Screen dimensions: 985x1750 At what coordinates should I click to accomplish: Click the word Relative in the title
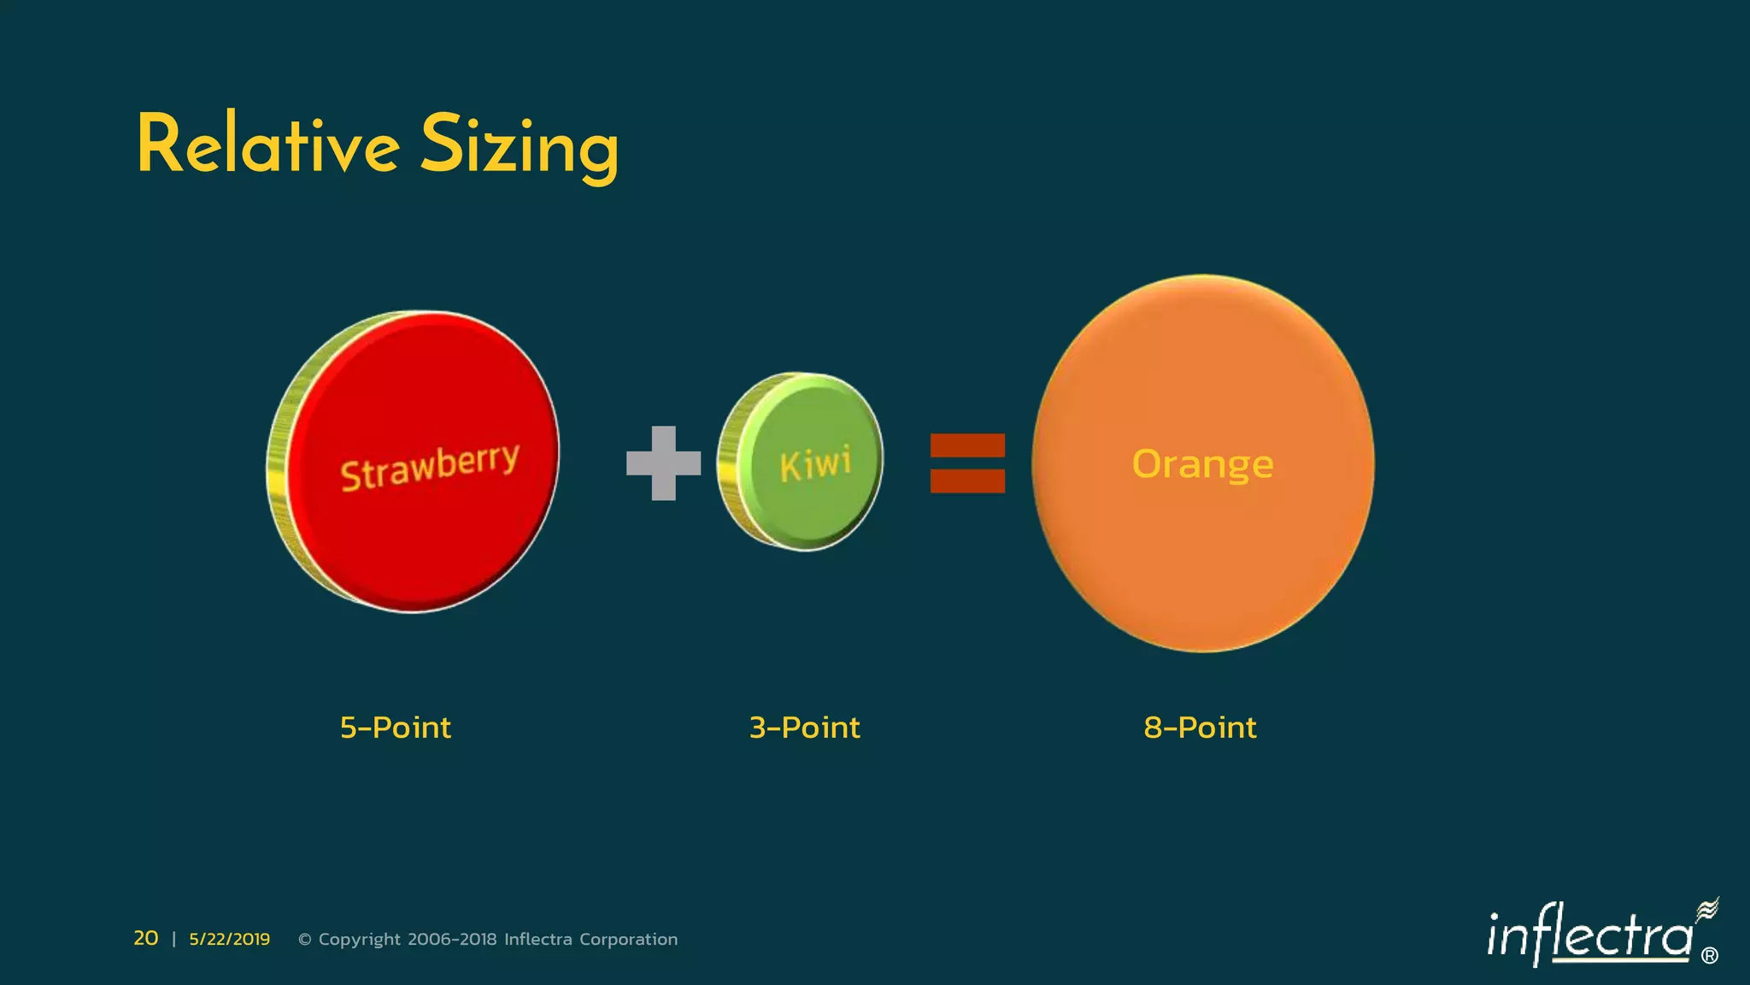267,145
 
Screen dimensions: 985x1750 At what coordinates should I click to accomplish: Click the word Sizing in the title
519,147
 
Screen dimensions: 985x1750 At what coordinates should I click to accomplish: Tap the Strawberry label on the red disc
429,467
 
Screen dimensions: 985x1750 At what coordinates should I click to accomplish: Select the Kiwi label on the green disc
815,464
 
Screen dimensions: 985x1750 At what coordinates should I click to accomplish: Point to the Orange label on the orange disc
1202,464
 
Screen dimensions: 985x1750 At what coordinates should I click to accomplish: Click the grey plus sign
663,463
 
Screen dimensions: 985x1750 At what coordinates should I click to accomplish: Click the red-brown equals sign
967,463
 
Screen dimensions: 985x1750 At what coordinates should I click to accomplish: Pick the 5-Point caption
395,728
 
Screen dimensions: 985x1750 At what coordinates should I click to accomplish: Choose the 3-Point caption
804,728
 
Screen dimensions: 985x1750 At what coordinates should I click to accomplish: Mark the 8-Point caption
1200,728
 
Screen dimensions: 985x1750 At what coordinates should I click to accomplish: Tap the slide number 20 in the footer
145,939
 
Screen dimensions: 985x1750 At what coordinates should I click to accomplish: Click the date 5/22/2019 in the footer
229,940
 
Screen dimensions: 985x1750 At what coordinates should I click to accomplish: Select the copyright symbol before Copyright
304,940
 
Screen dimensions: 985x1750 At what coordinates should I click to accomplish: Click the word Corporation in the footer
628,940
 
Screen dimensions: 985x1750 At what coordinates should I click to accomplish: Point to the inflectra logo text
1589,936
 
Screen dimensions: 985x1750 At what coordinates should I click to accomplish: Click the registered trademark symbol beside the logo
1709,956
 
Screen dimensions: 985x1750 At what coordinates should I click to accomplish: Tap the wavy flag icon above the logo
1706,910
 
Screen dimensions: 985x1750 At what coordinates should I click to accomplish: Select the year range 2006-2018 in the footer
452,940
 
